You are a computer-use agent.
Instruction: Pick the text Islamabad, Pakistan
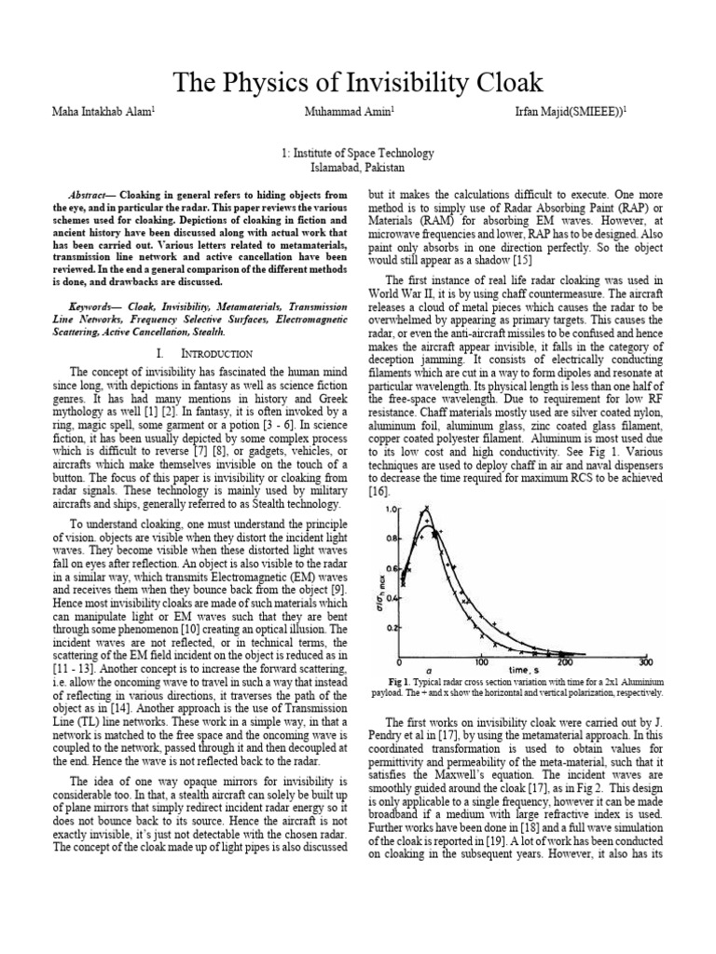[357, 165]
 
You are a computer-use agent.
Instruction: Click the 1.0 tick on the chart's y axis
[391, 509]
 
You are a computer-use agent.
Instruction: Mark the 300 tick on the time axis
[646, 662]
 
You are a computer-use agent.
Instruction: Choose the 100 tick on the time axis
[481, 662]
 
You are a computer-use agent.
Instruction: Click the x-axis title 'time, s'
[523, 670]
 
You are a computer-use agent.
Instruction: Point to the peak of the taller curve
[427, 511]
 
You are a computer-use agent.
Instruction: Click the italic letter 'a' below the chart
[428, 671]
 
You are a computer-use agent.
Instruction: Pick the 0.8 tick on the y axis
[391, 538]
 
